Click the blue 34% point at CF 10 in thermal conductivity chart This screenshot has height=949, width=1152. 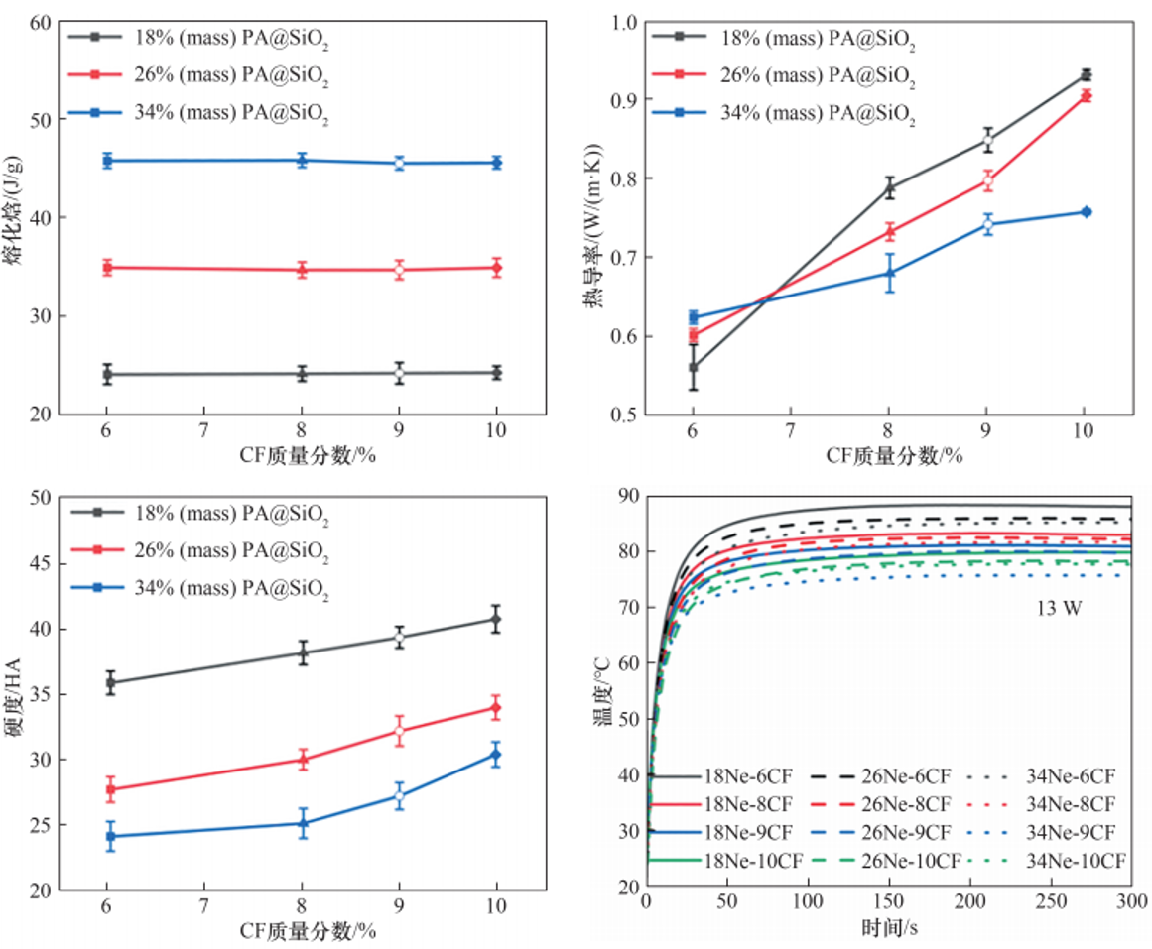point(1086,211)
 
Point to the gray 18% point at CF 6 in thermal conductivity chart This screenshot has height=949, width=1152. point(694,367)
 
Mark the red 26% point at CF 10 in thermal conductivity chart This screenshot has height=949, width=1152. point(1086,95)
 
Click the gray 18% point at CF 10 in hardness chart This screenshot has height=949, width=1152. point(496,619)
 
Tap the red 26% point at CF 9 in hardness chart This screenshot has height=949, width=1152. point(399,731)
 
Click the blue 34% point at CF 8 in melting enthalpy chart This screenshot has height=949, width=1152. point(302,160)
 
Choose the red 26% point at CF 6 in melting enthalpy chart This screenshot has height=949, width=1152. point(106,267)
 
